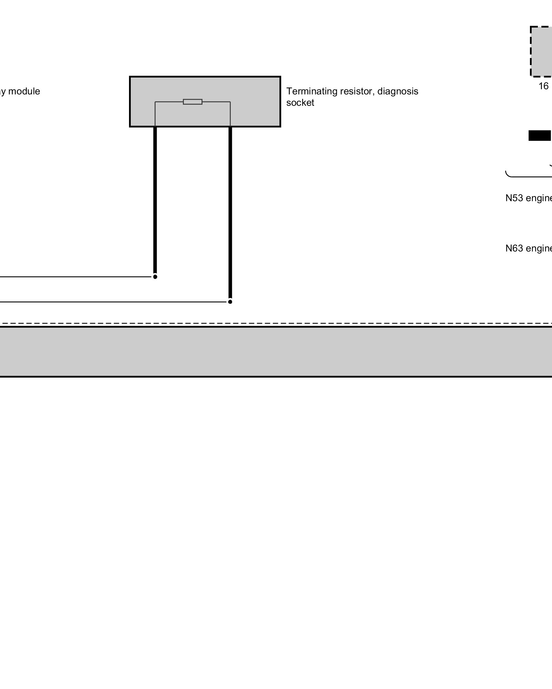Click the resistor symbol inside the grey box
click(193, 102)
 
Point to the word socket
click(300, 103)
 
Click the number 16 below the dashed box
click(543, 86)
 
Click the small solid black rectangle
click(540, 136)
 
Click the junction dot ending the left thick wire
click(155, 277)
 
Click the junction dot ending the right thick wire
click(230, 302)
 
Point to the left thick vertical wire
click(155, 200)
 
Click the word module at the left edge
click(24, 91)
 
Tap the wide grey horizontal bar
click(276, 351)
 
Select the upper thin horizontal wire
click(76, 277)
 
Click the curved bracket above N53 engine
click(528, 176)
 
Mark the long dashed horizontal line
click(276, 323)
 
